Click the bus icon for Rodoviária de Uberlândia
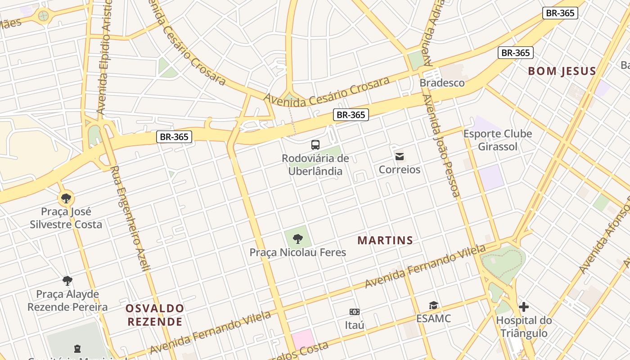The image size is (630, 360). tap(315, 145)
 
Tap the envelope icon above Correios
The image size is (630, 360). tap(399, 157)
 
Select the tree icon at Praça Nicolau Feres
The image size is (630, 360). tap(297, 239)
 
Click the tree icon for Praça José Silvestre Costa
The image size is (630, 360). tap(66, 198)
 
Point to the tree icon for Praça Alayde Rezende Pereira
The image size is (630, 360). tap(67, 281)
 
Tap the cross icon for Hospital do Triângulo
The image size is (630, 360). tap(524, 307)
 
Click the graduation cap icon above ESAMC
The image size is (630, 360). tap(433, 306)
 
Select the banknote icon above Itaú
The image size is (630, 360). tap(355, 312)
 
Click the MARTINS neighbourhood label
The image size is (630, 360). tap(385, 241)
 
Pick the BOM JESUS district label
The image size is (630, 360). tap(562, 71)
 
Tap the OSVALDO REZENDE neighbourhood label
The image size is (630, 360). tap(155, 315)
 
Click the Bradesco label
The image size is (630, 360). tap(442, 83)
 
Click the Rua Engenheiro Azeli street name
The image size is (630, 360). tap(130, 218)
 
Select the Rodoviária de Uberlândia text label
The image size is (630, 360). tap(315, 165)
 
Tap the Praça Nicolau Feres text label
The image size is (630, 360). tap(298, 252)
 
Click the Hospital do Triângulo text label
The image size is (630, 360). tap(524, 327)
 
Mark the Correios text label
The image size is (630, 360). tap(400, 170)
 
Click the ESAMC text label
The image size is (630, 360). tap(433, 319)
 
